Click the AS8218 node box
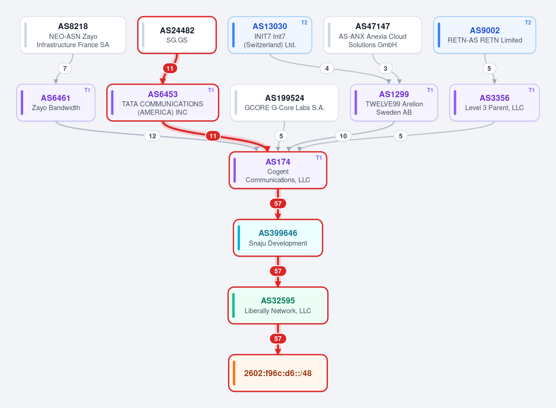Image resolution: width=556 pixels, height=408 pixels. tap(73, 35)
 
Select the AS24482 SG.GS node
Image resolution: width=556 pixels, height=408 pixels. tap(177, 35)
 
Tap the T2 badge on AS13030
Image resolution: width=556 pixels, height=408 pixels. tap(304, 23)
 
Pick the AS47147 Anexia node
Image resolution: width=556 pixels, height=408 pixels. tap(373, 35)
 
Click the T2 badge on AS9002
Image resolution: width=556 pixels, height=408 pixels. tap(528, 23)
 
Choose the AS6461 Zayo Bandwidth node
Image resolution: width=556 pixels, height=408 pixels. tap(56, 103)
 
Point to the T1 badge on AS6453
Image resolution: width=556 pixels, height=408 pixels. tap(211, 90)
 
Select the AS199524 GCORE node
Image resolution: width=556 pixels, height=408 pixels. tap(284, 103)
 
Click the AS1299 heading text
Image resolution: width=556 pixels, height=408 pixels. tap(394, 94)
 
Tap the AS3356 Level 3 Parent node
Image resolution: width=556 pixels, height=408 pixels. tap(494, 103)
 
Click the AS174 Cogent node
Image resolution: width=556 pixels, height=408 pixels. tap(278, 170)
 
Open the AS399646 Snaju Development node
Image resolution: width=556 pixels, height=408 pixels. tap(278, 238)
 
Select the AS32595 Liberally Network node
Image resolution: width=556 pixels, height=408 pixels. tap(278, 305)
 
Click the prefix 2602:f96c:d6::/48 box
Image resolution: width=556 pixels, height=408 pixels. tap(278, 373)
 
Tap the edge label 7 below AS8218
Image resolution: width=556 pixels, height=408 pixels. tap(65, 68)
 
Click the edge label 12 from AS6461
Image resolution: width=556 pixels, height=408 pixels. tap(152, 136)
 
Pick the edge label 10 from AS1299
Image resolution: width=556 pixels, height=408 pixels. tap(343, 136)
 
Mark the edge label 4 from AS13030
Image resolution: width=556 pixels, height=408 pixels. tap(327, 68)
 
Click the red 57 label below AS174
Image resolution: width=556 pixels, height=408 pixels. tap(278, 204)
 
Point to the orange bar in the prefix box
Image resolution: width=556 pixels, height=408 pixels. tap(234, 373)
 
